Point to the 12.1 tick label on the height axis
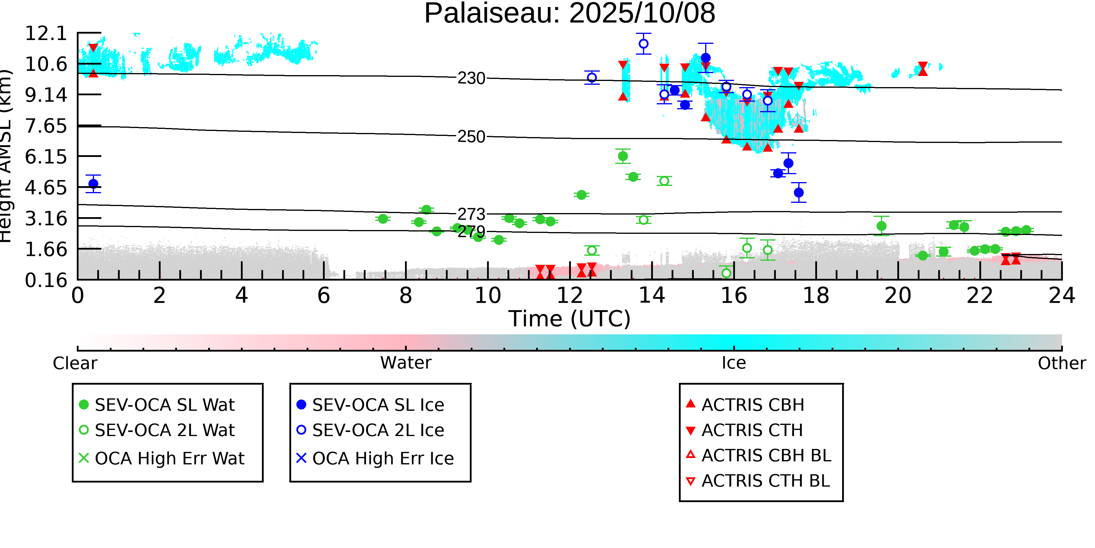pyautogui.click(x=46, y=34)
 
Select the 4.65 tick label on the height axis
pyautogui.click(x=46, y=188)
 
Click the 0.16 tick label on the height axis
pyautogui.click(x=46, y=280)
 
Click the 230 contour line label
pyautogui.click(x=471, y=79)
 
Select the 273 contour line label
pyautogui.click(x=471, y=214)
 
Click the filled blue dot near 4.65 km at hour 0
pyautogui.click(x=93, y=184)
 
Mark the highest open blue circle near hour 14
pyautogui.click(x=644, y=44)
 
